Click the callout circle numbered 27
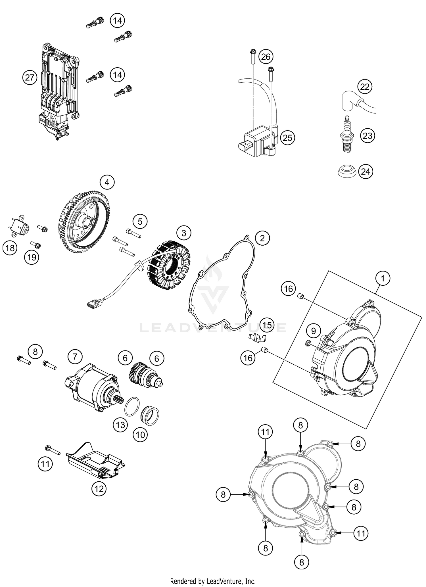tap(30, 78)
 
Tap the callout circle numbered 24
tap(366, 172)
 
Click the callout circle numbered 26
tap(266, 57)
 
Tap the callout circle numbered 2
tap(262, 238)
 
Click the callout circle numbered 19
tap(32, 257)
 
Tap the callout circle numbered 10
tap(140, 435)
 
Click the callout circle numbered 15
tap(267, 325)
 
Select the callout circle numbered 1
tap(383, 278)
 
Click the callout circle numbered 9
tap(313, 331)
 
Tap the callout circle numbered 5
tap(140, 221)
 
